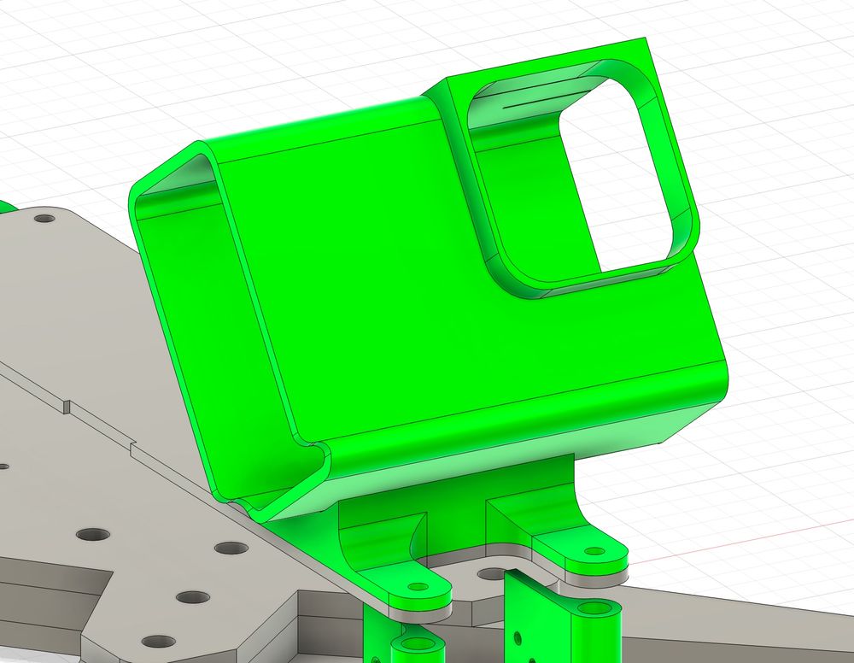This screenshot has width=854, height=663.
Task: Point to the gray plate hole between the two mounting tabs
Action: tap(493, 573)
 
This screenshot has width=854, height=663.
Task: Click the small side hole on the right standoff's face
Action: tap(517, 637)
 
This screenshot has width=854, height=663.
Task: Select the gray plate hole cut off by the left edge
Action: tap(3, 466)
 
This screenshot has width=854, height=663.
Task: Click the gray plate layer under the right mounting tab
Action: tap(589, 581)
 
